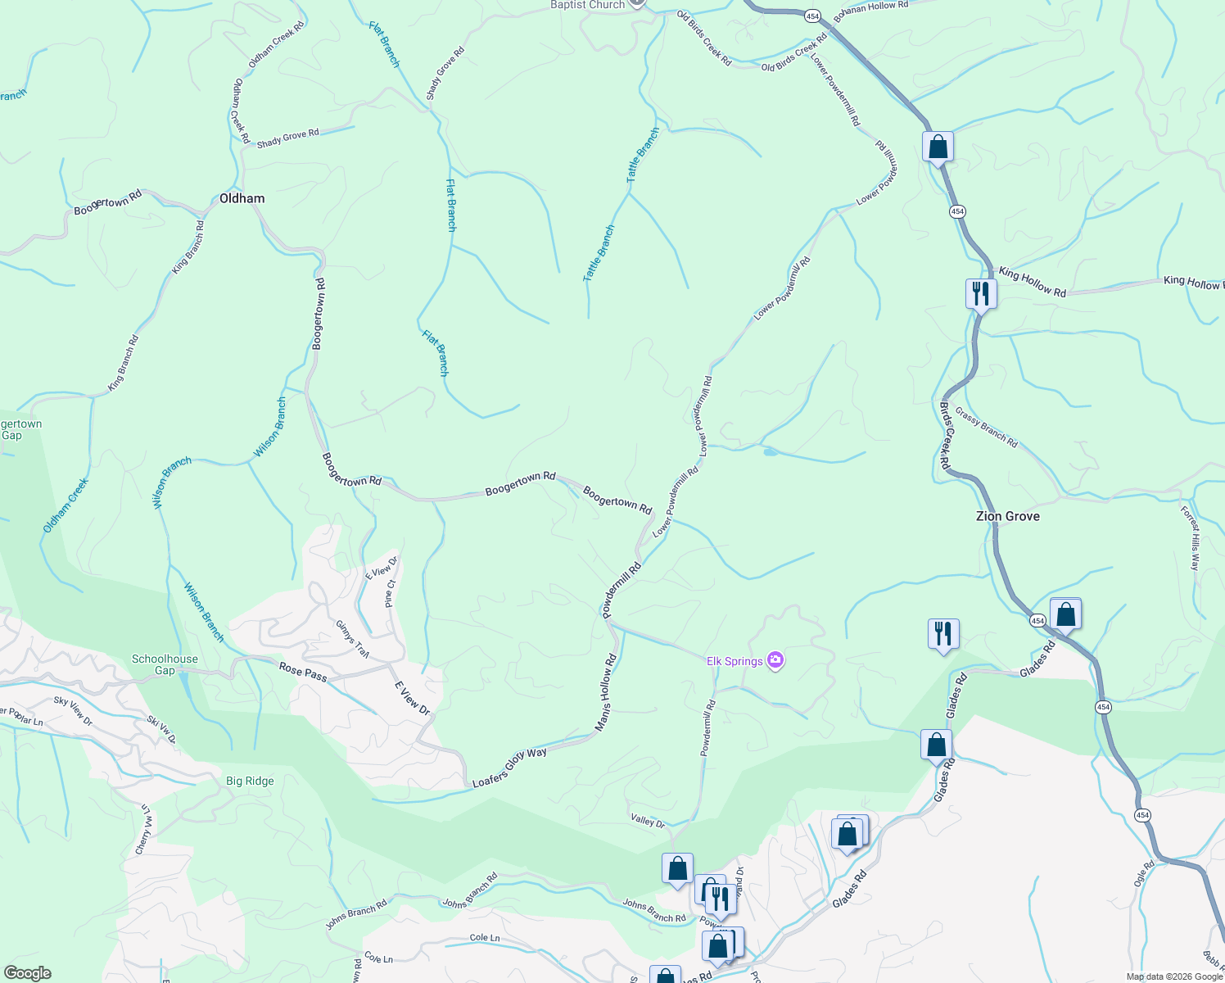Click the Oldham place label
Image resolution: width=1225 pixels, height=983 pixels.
(242, 198)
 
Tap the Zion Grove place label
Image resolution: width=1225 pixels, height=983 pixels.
(1007, 516)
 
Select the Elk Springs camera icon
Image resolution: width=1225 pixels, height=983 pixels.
(775, 660)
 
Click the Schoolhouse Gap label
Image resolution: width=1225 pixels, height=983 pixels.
(165, 664)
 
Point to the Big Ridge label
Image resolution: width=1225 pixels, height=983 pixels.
(250, 781)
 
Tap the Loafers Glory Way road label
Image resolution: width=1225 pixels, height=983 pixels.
(509, 768)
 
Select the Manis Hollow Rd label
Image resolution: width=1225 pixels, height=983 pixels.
(606, 692)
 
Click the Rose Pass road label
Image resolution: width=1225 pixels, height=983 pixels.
(303, 672)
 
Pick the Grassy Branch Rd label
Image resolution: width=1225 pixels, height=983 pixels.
(987, 428)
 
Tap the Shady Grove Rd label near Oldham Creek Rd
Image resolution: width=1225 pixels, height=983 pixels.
(287, 138)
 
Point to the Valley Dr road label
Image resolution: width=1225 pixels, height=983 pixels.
(648, 820)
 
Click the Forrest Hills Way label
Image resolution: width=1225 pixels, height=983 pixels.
(1190, 538)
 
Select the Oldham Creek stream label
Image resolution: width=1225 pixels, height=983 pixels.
(66, 505)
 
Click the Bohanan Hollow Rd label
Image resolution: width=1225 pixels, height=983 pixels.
(870, 11)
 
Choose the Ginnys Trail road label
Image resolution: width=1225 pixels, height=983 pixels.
(352, 639)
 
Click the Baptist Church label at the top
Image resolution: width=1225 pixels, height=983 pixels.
(587, 5)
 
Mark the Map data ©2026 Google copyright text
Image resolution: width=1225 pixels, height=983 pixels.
(1174, 976)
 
